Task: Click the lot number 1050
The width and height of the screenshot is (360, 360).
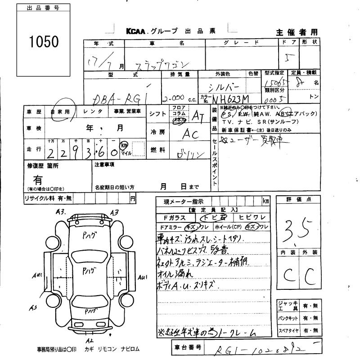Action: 44,41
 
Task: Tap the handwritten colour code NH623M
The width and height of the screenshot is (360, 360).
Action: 231,98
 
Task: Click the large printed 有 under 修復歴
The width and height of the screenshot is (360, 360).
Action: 38,180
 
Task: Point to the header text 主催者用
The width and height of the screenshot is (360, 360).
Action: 296,32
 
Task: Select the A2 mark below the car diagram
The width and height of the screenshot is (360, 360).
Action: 90,341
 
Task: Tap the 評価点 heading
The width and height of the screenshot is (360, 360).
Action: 297,199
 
